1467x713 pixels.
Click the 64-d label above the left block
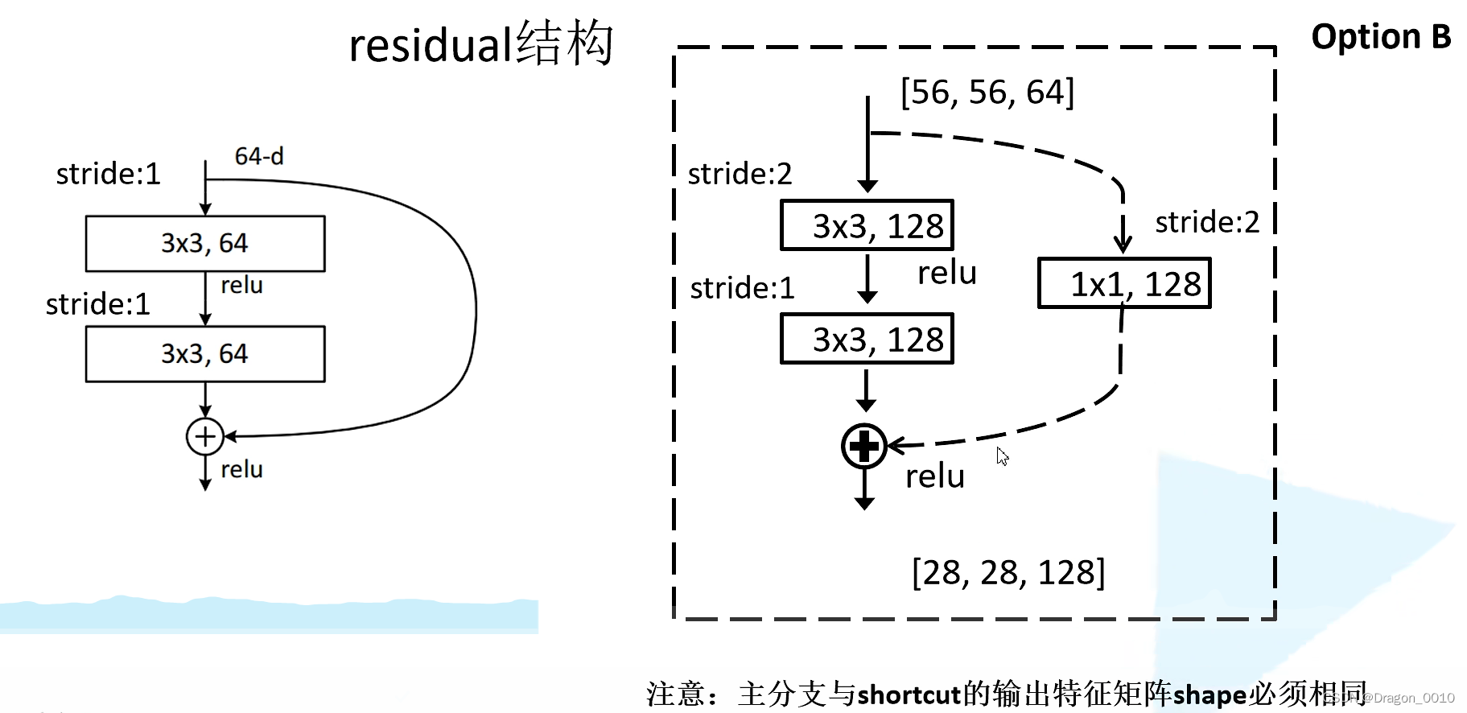coord(258,156)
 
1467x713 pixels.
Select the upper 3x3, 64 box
coord(205,243)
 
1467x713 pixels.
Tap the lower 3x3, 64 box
coord(205,353)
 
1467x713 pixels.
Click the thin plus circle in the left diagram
coord(205,436)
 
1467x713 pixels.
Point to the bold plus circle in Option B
coord(863,446)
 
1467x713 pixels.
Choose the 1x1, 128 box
coord(1124,283)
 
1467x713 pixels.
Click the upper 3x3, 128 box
coord(867,225)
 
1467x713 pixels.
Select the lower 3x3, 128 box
coord(867,339)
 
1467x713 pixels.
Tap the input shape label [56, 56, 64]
coord(987,93)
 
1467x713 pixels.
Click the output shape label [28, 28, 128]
coord(1008,572)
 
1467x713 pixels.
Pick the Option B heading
coord(1381,37)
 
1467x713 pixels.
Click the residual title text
coord(480,44)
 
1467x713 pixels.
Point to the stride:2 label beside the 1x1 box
coord(1207,221)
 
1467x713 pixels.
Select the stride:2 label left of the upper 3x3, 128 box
coord(740,173)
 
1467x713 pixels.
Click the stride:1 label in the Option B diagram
coord(742,287)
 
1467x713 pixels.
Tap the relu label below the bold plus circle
coord(934,476)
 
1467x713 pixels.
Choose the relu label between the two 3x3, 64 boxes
coord(241,285)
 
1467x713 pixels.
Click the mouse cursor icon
coord(1002,456)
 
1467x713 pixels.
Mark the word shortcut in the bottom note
coord(909,694)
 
